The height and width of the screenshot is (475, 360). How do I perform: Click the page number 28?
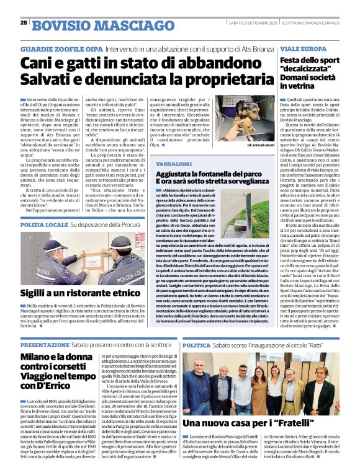[24, 22]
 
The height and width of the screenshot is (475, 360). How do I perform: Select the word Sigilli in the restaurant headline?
[37, 293]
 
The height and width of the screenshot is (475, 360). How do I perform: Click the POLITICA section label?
[197, 344]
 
